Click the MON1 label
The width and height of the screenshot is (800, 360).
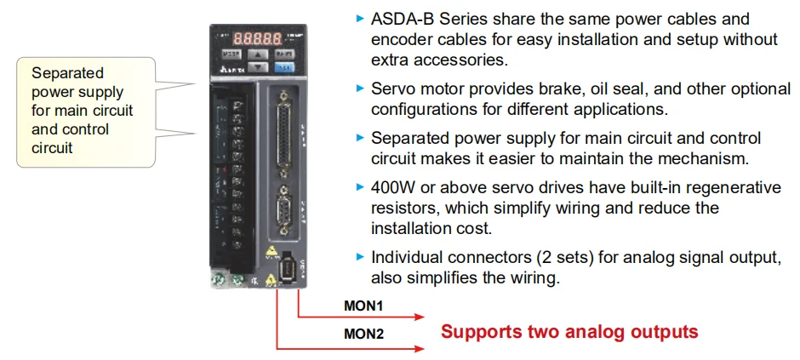pos(364,305)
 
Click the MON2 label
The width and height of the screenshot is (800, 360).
pos(364,334)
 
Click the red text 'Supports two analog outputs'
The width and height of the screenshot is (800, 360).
pos(569,332)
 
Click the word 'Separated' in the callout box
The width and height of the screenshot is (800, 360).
pos(66,73)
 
